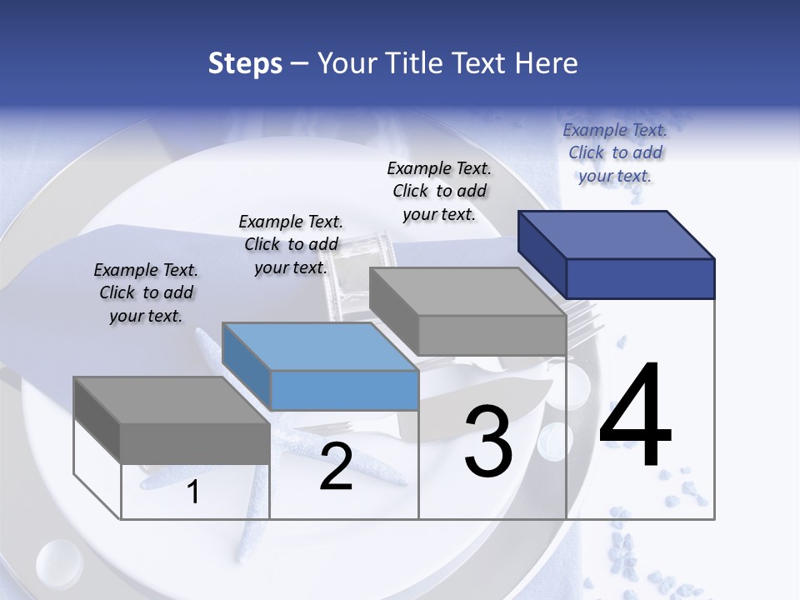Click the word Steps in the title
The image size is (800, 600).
coord(245,63)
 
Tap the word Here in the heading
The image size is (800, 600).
coord(547,63)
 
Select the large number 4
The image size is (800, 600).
coord(635,416)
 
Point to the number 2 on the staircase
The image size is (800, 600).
coord(336,467)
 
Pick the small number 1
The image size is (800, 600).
coord(192,492)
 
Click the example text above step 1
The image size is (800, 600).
coord(146,292)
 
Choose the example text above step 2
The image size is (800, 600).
coord(291,244)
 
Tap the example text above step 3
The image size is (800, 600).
coord(439,191)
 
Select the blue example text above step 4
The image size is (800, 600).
coord(615,152)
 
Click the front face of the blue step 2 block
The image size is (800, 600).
coord(345,391)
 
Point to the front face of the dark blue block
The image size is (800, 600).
coord(640,278)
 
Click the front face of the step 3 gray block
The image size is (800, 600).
coord(492,336)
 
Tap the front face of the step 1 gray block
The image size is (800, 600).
coord(195,443)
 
